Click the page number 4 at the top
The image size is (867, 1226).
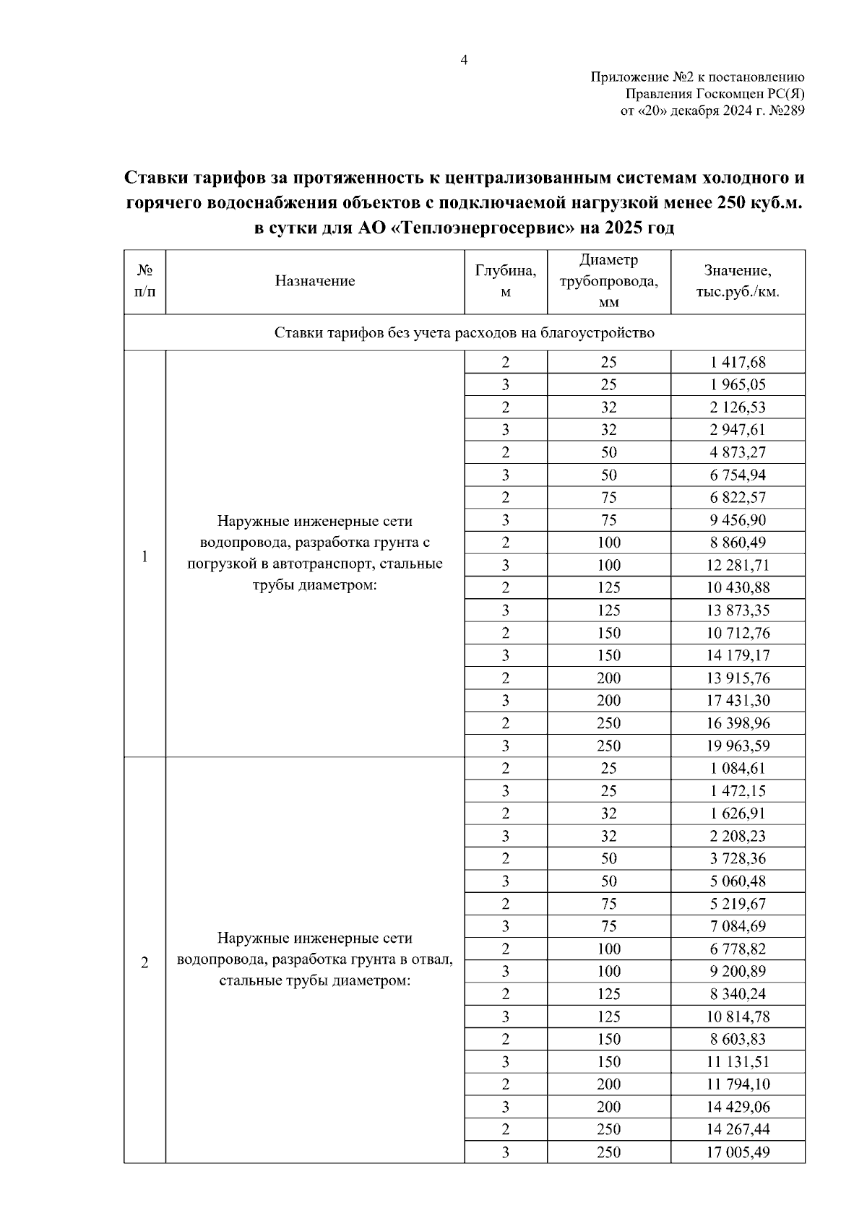coord(464,61)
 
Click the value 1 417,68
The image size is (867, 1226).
coord(738,362)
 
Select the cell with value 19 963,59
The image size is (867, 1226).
coord(738,746)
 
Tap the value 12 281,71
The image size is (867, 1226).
coord(738,565)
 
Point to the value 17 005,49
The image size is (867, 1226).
coord(738,1152)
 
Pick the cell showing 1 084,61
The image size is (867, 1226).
coord(738,768)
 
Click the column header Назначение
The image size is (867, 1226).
coord(315,282)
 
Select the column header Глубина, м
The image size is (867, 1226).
coord(506,281)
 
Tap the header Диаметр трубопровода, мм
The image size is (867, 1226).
coord(609,281)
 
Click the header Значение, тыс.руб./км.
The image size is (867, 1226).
coord(738,281)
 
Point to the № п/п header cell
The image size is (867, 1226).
coord(145,281)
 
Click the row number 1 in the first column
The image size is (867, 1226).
coord(145,556)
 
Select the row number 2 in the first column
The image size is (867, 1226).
coord(145,963)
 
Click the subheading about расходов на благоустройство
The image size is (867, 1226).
coord(464,333)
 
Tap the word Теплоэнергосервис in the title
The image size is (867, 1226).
coord(483,229)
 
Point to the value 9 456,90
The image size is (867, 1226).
coord(738,520)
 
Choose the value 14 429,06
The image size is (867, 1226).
coord(738,1107)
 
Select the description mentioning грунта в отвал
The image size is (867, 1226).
coord(315,959)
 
